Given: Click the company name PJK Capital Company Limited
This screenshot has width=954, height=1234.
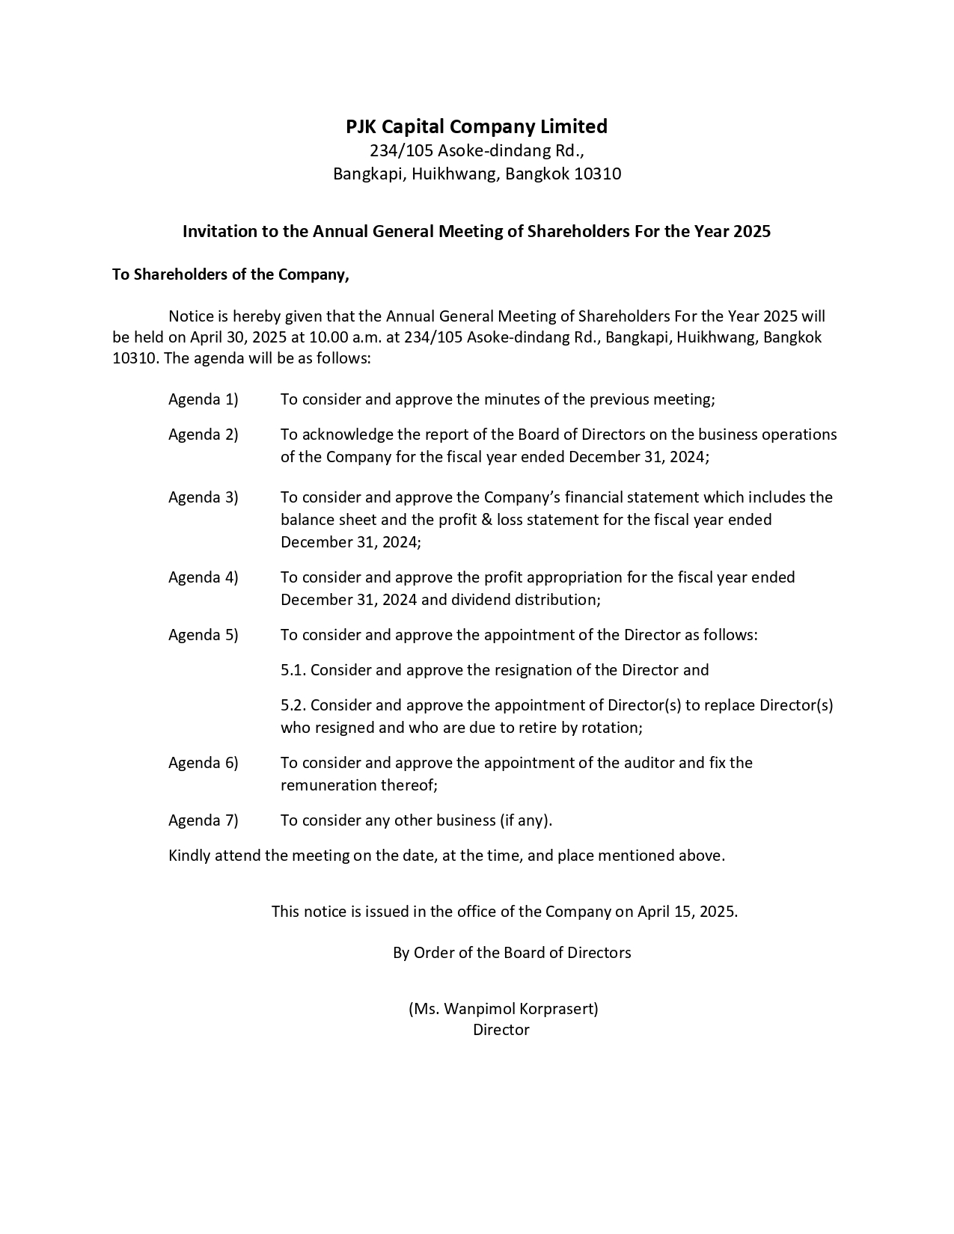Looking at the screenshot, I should click(477, 126).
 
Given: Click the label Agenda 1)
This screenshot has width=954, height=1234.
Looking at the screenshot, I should click(203, 399).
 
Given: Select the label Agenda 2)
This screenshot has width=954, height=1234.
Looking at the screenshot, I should click(203, 435).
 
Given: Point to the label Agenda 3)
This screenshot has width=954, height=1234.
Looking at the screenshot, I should click(203, 497).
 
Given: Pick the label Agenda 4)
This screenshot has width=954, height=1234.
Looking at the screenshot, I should click(203, 577).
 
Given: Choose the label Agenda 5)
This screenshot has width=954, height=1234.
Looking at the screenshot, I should click(203, 635).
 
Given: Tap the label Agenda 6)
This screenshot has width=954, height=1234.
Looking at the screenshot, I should click(203, 763).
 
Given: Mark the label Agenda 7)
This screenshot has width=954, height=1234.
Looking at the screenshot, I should click(203, 820).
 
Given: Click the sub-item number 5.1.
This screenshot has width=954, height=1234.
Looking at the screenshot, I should click(293, 670).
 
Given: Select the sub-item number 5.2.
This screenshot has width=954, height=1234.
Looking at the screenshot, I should click(293, 705).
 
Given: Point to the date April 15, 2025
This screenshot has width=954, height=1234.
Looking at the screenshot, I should click(686, 912).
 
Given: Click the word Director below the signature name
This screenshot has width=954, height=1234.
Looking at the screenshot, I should click(501, 1030).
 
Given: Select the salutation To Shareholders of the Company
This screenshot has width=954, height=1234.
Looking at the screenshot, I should click(230, 274).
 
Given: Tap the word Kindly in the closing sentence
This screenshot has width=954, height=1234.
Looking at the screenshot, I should click(189, 856).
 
